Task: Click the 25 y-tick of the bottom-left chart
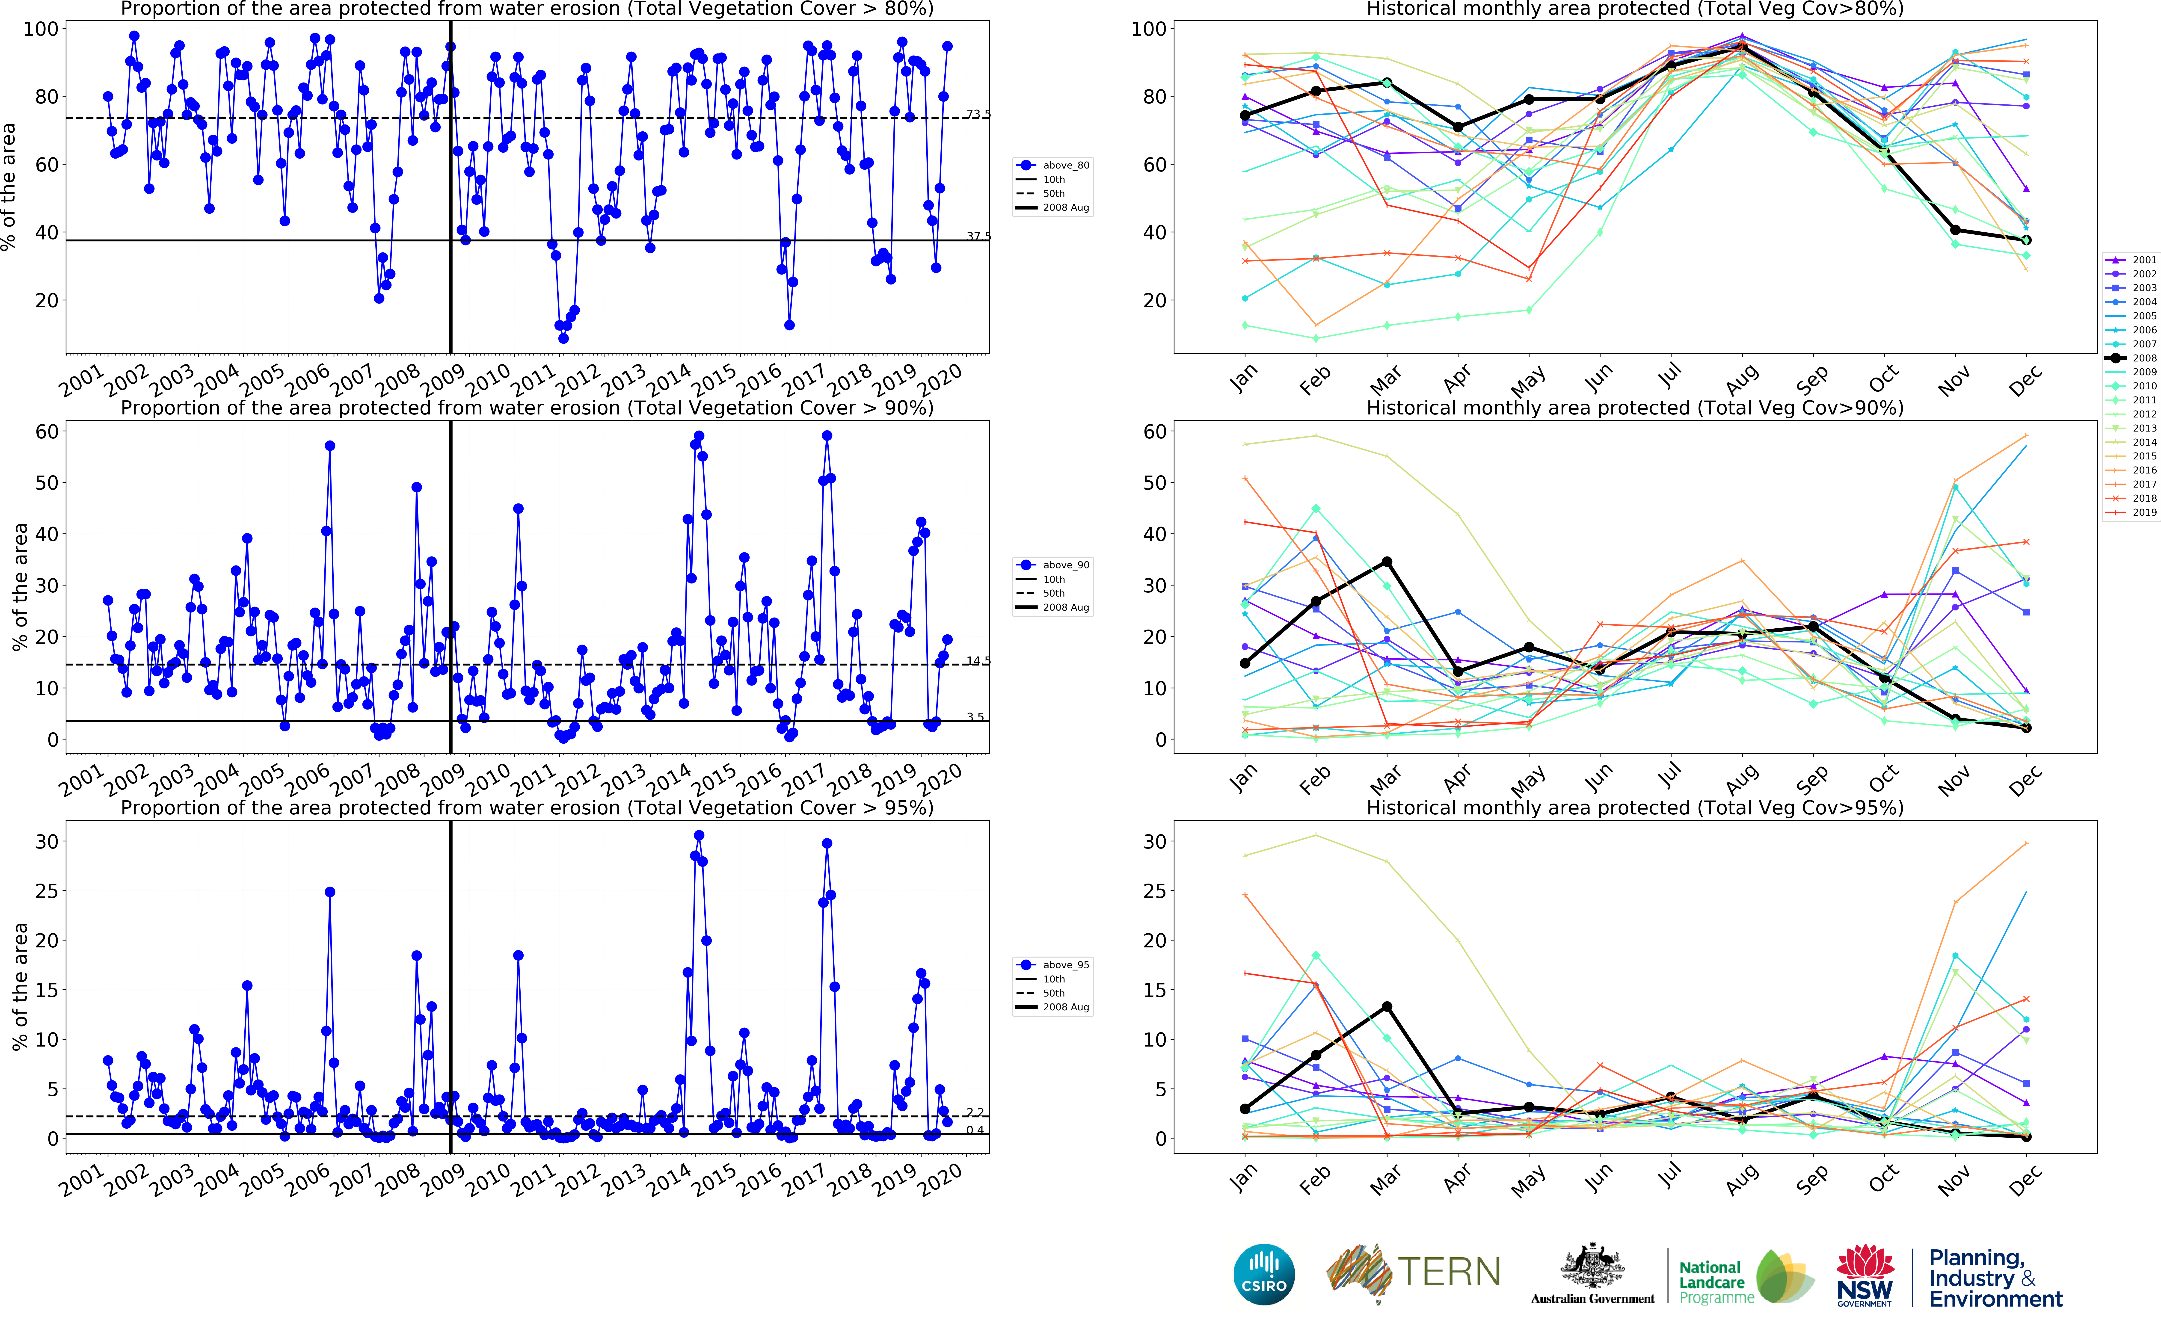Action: [x=46, y=891]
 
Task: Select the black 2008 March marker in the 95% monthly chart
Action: [x=1387, y=1006]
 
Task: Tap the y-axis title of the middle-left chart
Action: [x=19, y=587]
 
